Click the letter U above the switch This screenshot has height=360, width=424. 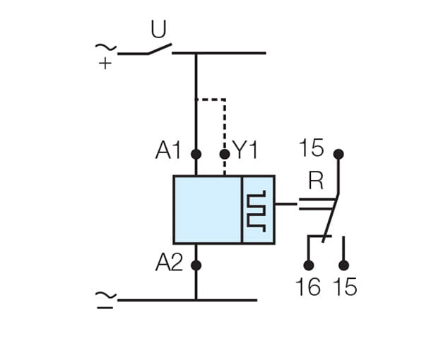coord(159,30)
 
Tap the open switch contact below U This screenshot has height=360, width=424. coord(160,49)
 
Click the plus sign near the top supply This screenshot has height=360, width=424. coord(105,63)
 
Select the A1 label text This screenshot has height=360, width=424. coord(170,150)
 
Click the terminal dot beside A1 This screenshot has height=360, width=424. coord(196,153)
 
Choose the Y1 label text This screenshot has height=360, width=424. coord(245,150)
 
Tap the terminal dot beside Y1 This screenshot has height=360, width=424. coord(225,153)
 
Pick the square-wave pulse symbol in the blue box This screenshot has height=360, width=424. coord(257,210)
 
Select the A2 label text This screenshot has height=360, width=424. coord(170,263)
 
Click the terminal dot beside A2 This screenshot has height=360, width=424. coord(196,265)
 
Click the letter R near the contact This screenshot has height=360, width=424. coord(316,181)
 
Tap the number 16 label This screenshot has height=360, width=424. coord(308,287)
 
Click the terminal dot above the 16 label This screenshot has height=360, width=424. coord(308,265)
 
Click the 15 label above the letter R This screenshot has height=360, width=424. coord(311,149)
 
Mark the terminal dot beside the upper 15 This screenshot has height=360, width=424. coord(338,153)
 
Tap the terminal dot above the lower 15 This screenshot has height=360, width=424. coord(344,265)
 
